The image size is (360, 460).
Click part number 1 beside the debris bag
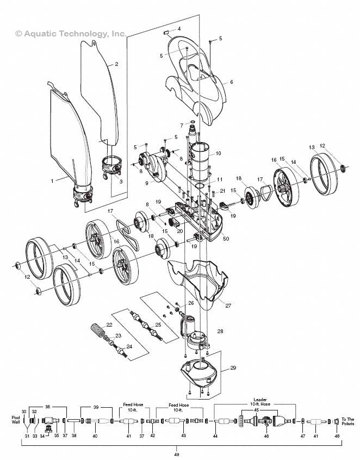coord(53,180)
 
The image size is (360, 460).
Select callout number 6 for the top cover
coord(231,82)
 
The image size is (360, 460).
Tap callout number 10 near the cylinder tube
coord(218,154)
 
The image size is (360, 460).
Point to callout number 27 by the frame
coord(228,305)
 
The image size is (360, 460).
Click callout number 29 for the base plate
coord(233,369)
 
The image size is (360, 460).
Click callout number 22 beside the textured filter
coord(109,324)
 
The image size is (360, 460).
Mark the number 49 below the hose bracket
coord(177,454)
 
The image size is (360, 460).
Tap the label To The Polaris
coord(347,422)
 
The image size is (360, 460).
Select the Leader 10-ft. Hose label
coord(256,402)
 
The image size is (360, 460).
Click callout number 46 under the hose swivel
coord(266,436)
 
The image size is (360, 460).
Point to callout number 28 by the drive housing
coord(220,331)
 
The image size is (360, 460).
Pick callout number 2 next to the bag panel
coord(116,64)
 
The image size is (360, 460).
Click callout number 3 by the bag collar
coord(121,181)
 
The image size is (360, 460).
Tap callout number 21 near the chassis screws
coord(222,191)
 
